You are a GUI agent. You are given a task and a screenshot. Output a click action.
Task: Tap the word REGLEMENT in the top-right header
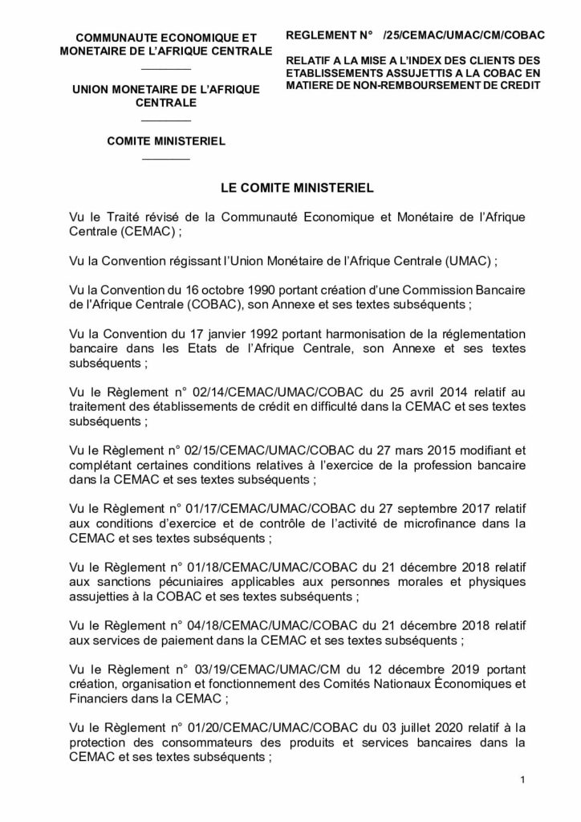321,36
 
